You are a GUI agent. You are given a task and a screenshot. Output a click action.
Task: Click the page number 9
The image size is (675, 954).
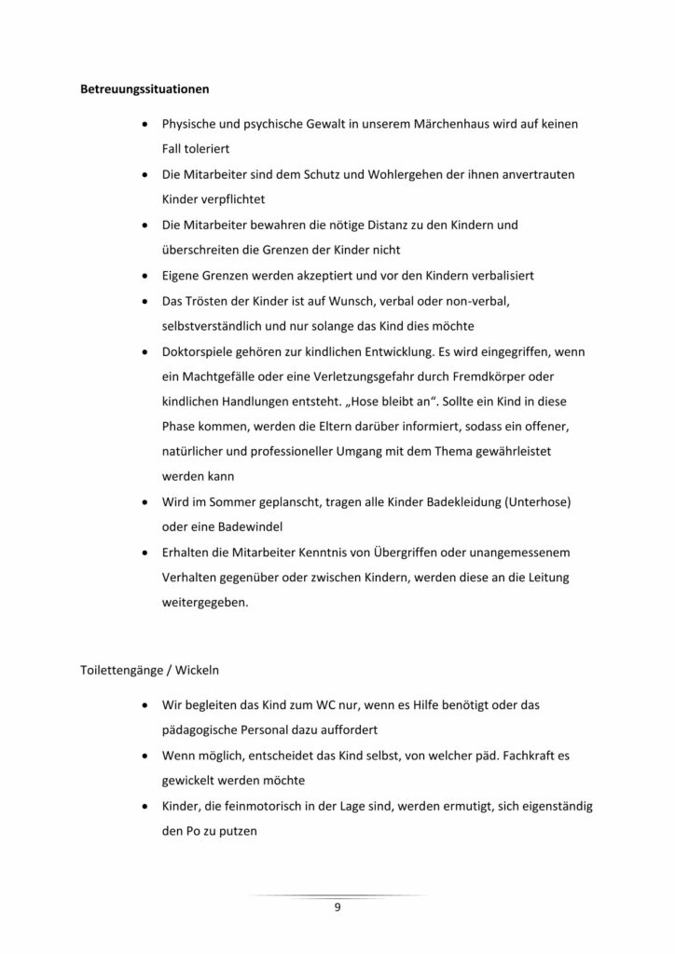point(337,908)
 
